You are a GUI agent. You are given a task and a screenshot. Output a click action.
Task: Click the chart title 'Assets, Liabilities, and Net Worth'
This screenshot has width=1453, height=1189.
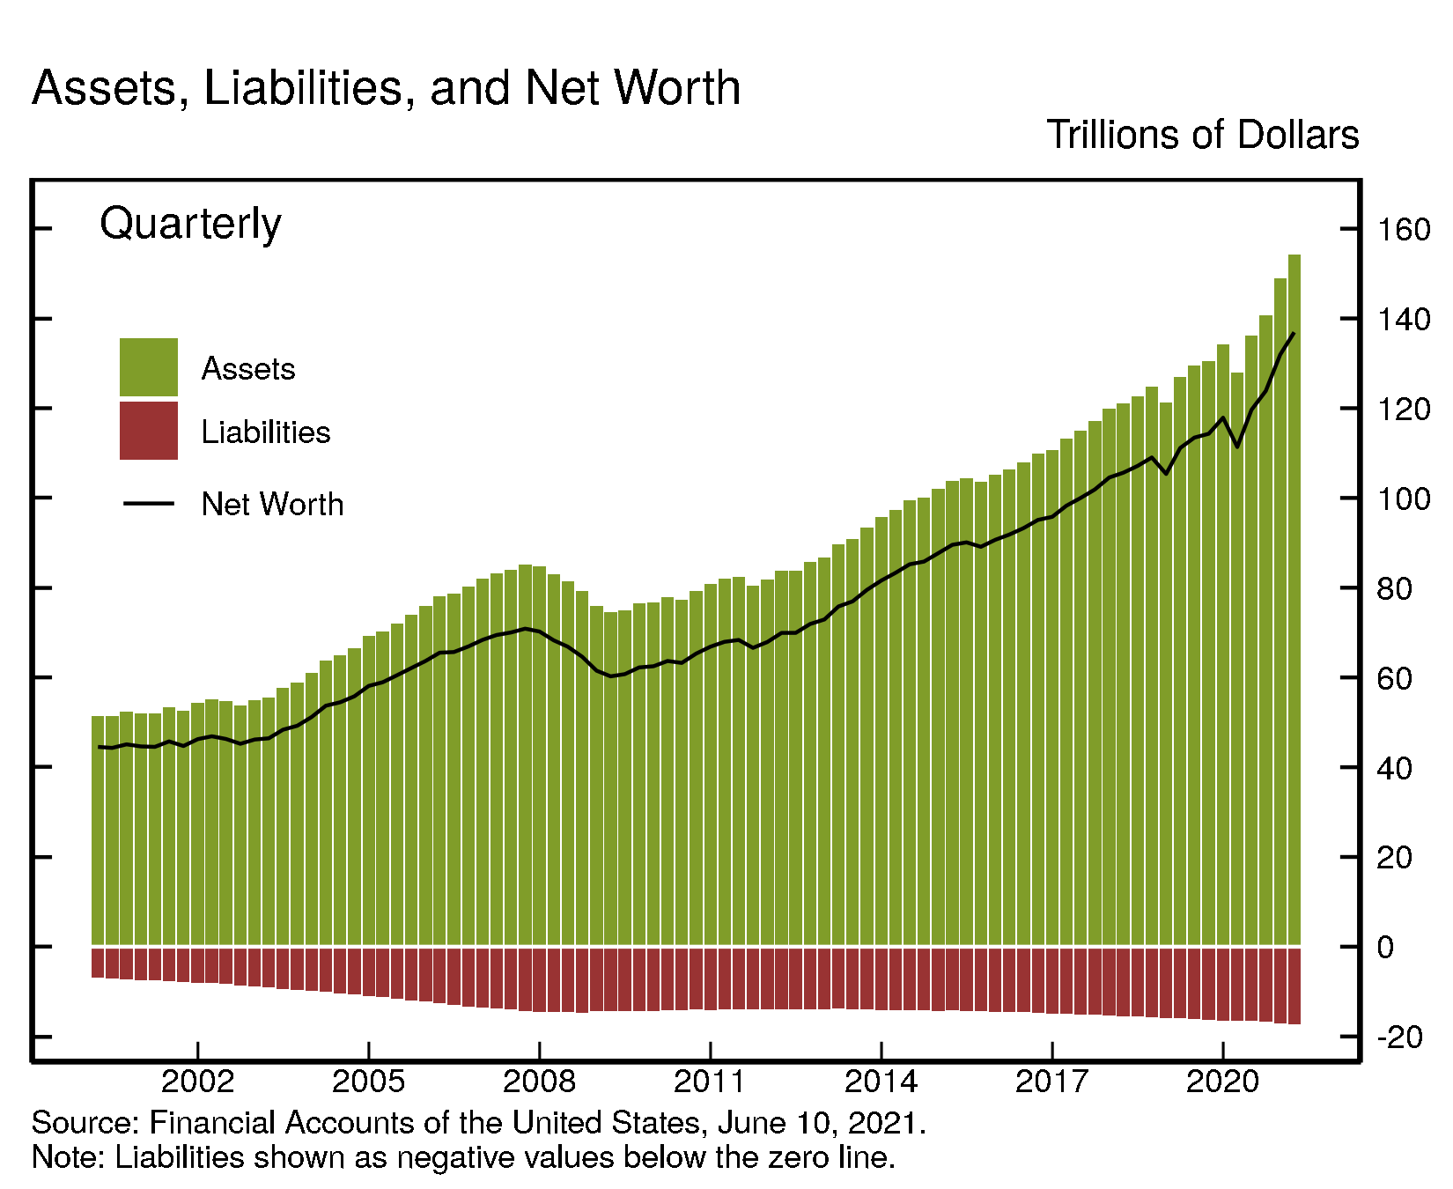tap(386, 88)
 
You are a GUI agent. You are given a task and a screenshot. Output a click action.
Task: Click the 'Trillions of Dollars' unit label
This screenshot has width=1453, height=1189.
tap(1202, 135)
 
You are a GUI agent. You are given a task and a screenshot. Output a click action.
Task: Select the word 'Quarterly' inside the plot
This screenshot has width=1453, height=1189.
tap(190, 224)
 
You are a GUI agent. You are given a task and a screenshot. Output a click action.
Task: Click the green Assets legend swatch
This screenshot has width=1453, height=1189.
tap(149, 367)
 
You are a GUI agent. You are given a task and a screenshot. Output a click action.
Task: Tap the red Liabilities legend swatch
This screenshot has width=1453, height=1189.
tap(149, 431)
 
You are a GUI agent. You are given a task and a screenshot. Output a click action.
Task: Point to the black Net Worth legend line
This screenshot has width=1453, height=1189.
tap(149, 504)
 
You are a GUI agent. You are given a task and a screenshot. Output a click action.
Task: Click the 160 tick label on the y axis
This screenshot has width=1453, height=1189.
tap(1404, 231)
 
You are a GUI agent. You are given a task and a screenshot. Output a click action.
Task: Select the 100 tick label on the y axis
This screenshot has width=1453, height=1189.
tap(1404, 499)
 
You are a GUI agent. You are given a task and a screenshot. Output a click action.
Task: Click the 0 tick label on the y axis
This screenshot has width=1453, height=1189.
tap(1386, 948)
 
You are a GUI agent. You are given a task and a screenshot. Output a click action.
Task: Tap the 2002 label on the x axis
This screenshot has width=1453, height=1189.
tap(198, 1082)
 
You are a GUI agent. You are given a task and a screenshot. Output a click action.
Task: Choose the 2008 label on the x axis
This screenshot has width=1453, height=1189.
tap(540, 1082)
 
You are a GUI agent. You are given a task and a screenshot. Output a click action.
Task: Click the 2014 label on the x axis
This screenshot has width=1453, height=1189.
tap(881, 1082)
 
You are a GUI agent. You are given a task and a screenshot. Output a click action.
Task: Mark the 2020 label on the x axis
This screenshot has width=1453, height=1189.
tap(1223, 1082)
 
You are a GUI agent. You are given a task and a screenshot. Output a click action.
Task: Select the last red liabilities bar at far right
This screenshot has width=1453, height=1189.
tap(1294, 986)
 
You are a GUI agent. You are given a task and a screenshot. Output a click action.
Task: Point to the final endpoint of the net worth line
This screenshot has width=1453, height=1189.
tap(1294, 333)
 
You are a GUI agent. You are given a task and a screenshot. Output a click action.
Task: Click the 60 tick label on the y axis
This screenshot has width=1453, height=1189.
tap(1395, 679)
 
